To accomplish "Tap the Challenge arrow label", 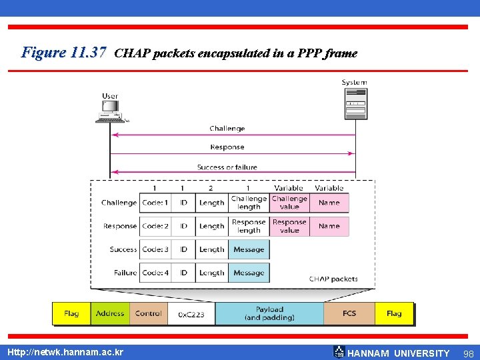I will tap(227, 128).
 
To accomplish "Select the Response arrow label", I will tap(227, 147).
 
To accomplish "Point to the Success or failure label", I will tap(227, 167).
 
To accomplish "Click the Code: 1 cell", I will tap(155, 203).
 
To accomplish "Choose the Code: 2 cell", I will tap(155, 226).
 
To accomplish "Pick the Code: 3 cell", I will tap(155, 249).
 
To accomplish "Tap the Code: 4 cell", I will tap(155, 273).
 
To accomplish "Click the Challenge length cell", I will tap(249, 203).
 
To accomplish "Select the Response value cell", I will tap(289, 226).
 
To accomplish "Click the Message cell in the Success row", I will tap(249, 249).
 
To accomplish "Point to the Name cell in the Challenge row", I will tap(329, 203).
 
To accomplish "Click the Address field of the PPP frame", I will tap(110, 313).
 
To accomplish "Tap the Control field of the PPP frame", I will tap(148, 313).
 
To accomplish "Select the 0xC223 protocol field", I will tap(191, 314).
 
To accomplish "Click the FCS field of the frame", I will tap(349, 313).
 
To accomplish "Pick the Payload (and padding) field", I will tap(269, 313).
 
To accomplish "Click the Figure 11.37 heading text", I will tap(64, 52).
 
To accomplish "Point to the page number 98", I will tap(467, 353).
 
